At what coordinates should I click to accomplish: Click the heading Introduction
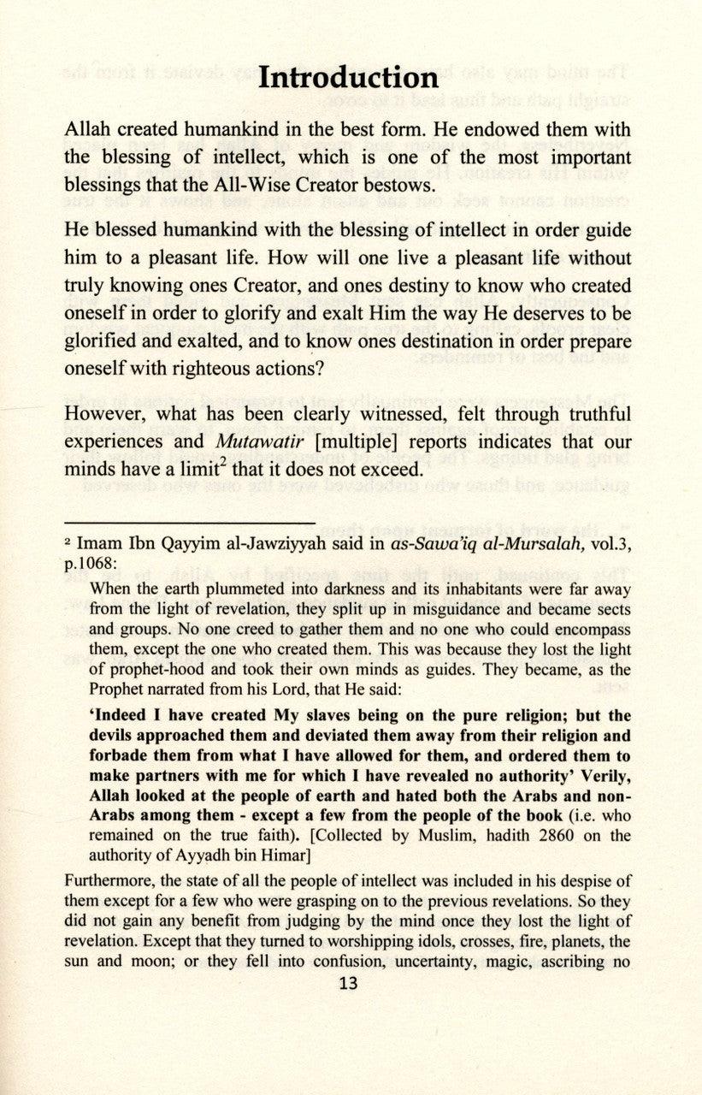pyautogui.click(x=349, y=78)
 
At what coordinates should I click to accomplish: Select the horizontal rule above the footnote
pyautogui.click(x=190, y=520)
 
